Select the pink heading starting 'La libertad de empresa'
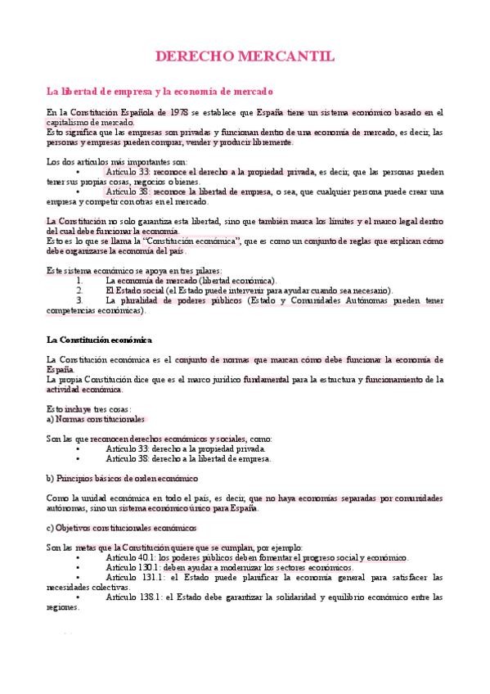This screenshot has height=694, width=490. point(160,92)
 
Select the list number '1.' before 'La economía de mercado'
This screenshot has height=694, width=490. point(79,280)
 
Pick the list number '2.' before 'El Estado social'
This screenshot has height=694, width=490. point(79,290)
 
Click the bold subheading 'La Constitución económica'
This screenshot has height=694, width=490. point(99,339)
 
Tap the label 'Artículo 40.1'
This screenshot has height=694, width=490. point(130,557)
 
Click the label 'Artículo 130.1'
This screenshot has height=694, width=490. point(132,567)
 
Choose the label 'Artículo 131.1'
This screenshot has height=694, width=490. point(132,577)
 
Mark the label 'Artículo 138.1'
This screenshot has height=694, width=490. point(132,597)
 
